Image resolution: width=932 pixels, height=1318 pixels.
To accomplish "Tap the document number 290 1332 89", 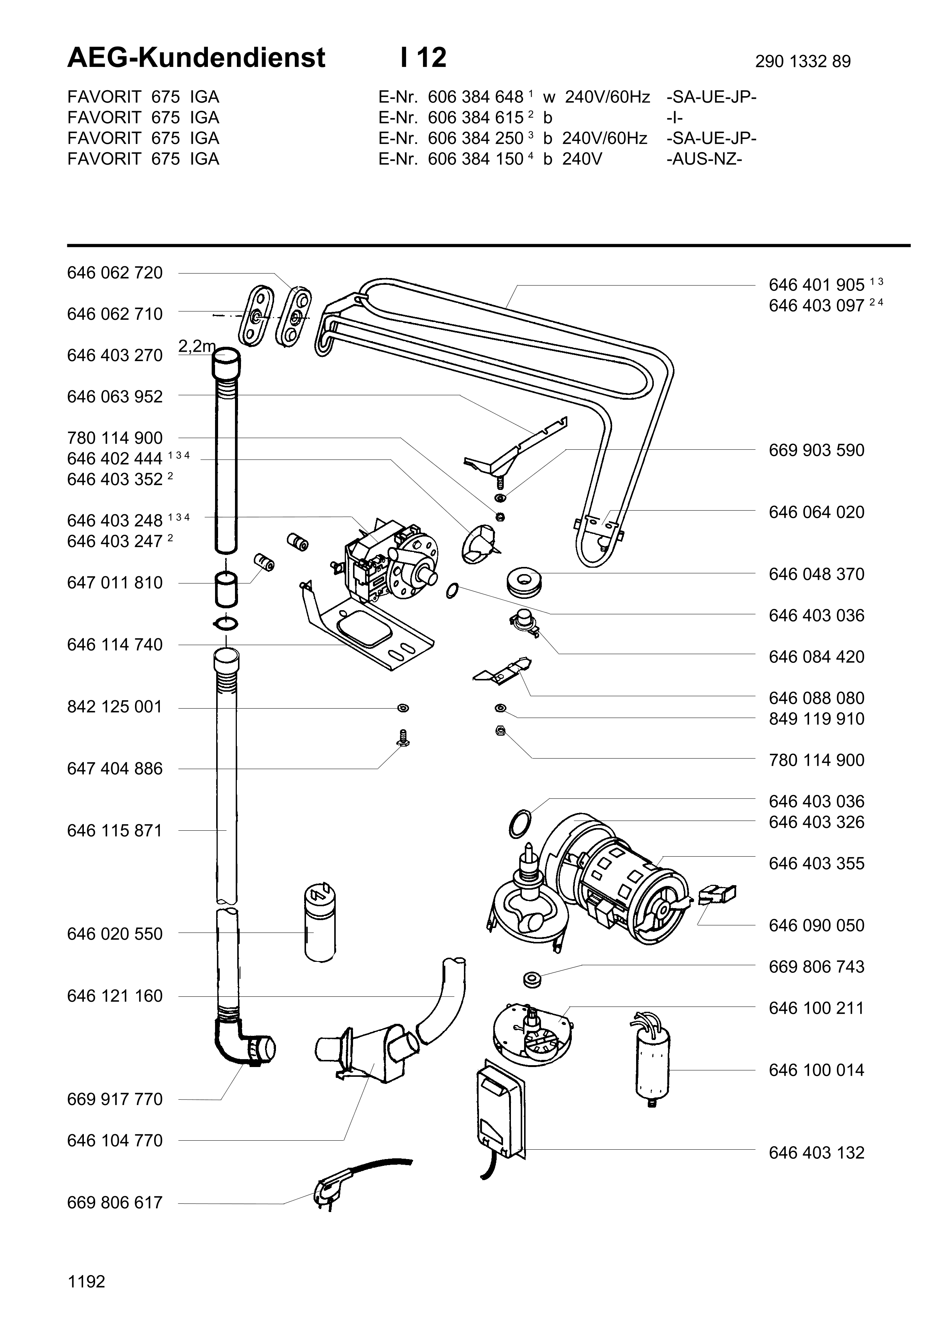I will (802, 61).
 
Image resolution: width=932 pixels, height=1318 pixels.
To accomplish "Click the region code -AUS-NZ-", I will (704, 159).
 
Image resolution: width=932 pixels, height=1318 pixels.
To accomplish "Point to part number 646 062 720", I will (115, 273).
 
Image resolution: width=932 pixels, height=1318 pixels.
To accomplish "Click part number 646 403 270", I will (115, 355).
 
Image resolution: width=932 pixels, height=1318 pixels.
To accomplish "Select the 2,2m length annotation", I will (196, 346).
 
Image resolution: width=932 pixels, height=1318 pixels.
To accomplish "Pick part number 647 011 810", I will (115, 583).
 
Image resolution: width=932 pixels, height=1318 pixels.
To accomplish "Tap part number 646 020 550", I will (115, 934).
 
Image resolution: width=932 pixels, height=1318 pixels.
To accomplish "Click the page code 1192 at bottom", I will (86, 1282).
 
